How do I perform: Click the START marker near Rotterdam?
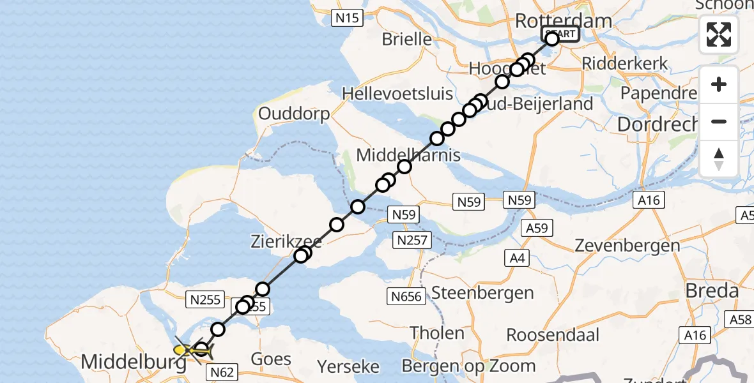(560, 34)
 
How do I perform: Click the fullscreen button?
(719, 34)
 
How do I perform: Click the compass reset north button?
(719, 159)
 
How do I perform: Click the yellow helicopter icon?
(190, 350)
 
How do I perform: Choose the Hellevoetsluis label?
(397, 94)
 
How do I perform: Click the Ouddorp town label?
(294, 114)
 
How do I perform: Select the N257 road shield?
(414, 241)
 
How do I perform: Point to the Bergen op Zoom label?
(468, 366)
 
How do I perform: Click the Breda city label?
(712, 292)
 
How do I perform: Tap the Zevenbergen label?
(627, 245)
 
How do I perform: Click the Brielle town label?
(406, 39)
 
